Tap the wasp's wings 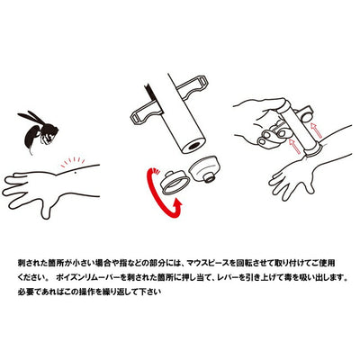[x=31, y=119]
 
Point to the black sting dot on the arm [x=75, y=172]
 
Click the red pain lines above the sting [x=73, y=161]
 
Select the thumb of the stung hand [x=46, y=209]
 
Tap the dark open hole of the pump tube [x=194, y=146]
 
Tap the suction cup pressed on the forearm [x=314, y=150]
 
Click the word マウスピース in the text [x=208, y=264]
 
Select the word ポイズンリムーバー [x=91, y=277]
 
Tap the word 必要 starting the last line [x=25, y=292]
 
